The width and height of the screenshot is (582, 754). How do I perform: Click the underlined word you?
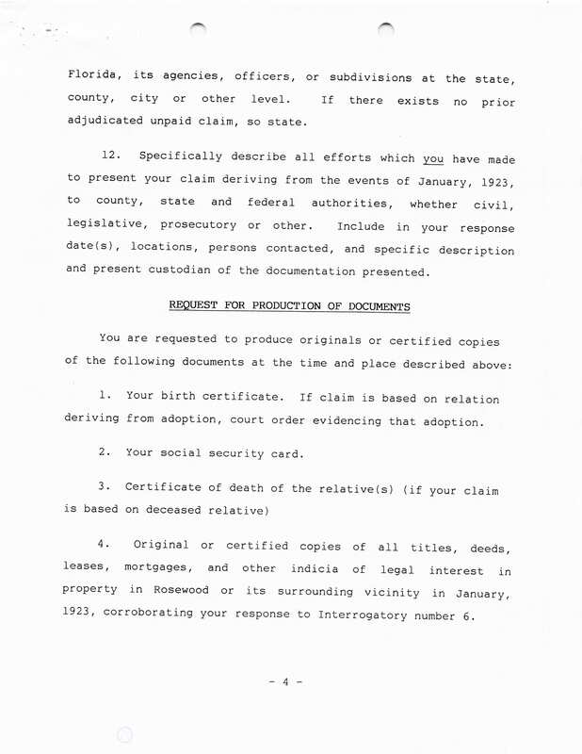[432, 157]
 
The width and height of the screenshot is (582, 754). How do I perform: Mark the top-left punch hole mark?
[197, 30]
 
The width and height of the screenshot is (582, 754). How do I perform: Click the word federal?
[269, 204]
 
